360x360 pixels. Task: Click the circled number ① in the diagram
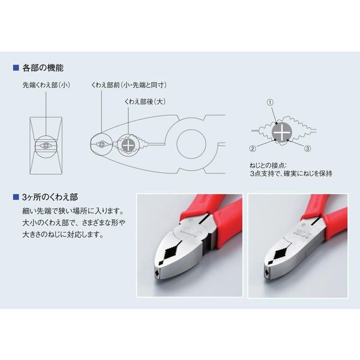point(270,103)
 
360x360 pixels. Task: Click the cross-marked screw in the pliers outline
point(127,144)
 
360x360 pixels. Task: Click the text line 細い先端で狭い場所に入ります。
point(71,211)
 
